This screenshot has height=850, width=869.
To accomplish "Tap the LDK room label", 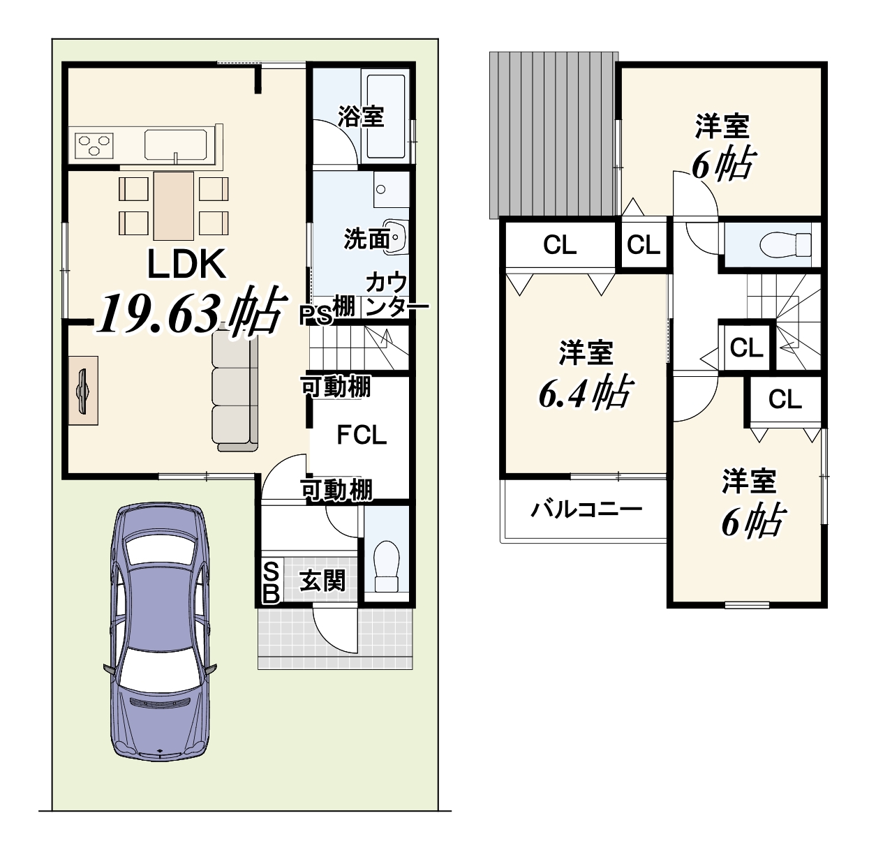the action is point(186,264).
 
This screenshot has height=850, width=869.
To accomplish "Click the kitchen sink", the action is point(175,144).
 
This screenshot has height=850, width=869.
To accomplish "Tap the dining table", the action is point(173,205).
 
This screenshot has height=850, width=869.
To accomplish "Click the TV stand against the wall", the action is point(84,390).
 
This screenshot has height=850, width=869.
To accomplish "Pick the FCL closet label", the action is point(362,435).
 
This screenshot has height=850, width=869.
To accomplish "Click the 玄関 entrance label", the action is point(322,581).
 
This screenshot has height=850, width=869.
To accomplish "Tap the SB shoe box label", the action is point(271,582).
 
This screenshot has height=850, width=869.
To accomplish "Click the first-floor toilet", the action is point(387,566).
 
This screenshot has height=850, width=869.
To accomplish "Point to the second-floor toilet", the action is point(785,244).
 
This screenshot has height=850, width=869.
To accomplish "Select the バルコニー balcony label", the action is point(586,509).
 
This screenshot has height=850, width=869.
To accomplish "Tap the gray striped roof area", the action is point(554,135).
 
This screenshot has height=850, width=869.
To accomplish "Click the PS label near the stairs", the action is point(315,315).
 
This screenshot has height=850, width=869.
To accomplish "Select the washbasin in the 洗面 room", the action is point(395,237).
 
